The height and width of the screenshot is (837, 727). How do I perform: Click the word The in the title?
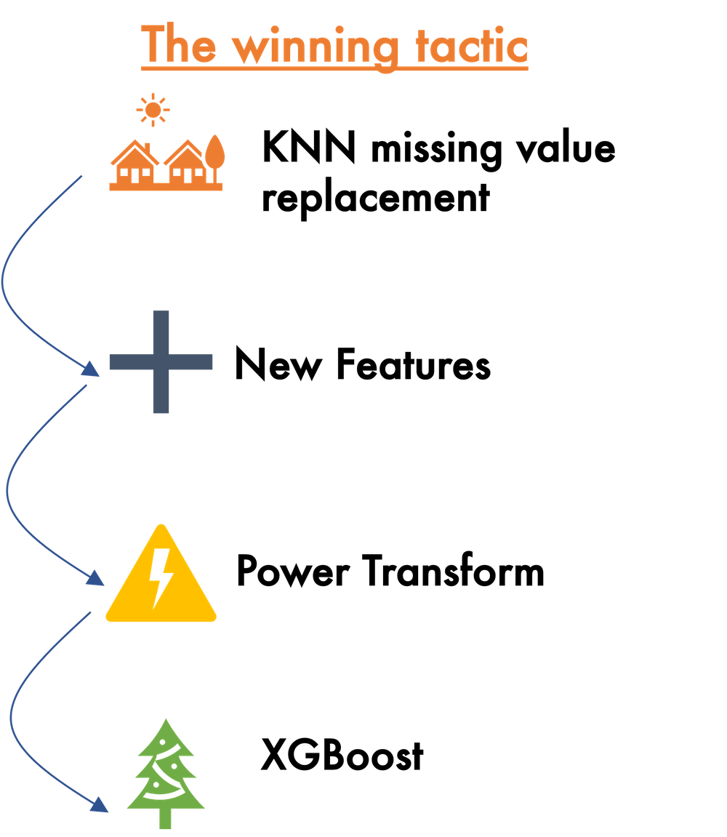point(178,45)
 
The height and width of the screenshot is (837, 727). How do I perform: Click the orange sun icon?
point(153,111)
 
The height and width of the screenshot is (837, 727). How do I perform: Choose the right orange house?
point(185,164)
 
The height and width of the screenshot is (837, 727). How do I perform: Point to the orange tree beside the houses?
point(215,154)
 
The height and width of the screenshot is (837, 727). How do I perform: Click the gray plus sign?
point(161,361)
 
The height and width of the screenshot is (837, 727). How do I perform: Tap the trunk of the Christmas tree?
point(166,820)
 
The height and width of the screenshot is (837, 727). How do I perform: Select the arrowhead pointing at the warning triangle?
point(97,579)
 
